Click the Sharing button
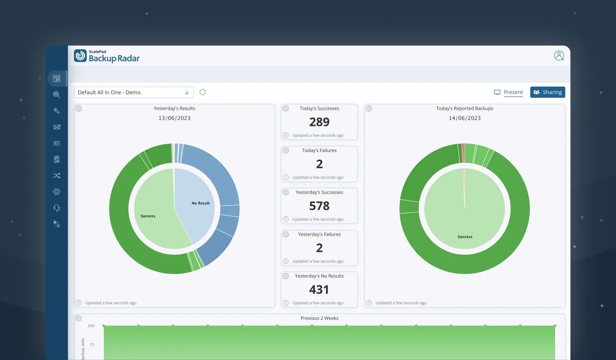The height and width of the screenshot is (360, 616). click(547, 92)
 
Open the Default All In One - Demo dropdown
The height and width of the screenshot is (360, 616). click(133, 92)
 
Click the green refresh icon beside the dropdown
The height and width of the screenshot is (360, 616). click(203, 92)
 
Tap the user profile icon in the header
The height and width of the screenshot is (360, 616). click(559, 56)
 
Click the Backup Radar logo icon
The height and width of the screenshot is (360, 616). click(80, 56)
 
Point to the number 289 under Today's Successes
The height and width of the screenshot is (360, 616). click(319, 122)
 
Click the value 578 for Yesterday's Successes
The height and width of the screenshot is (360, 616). click(319, 206)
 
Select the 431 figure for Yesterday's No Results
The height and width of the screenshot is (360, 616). click(319, 290)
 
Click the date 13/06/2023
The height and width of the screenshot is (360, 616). click(174, 118)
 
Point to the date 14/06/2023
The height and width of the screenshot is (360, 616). click(464, 118)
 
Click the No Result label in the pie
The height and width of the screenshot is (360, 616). click(201, 203)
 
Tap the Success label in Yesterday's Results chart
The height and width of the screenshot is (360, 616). click(148, 216)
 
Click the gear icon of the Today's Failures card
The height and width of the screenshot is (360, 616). click(286, 150)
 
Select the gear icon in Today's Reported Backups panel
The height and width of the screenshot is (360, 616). click(369, 109)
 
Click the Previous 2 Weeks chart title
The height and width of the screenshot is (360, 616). click(319, 318)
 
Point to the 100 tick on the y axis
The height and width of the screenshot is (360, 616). click(91, 326)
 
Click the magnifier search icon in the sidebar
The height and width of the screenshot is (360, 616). click(57, 95)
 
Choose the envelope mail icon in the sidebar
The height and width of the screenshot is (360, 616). click(57, 127)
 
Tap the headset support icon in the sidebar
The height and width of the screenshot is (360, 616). click(57, 208)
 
